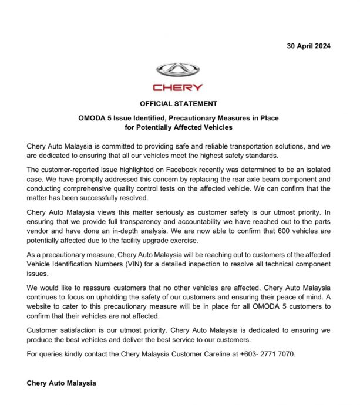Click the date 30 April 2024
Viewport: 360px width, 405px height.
pyautogui.click(x=309, y=46)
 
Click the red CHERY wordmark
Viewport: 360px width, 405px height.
pyautogui.click(x=179, y=87)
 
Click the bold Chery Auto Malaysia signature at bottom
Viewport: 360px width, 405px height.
pyautogui.click(x=61, y=383)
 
